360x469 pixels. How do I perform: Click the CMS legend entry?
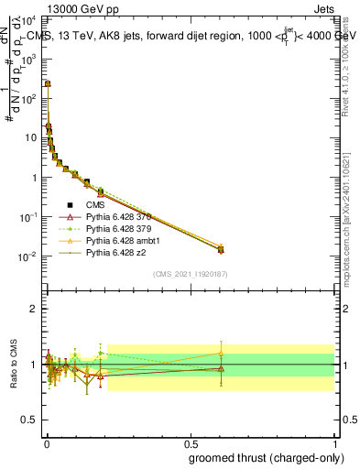pos(97,205)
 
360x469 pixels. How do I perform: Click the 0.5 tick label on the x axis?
pos(190,443)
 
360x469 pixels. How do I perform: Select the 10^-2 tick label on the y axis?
pos(27,256)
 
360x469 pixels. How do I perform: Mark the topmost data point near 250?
pos(47,83)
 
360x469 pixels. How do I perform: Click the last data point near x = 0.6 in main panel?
pos(219,249)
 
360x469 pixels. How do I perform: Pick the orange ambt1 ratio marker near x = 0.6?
pos(219,353)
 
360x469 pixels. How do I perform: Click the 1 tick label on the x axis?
pos(335,443)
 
